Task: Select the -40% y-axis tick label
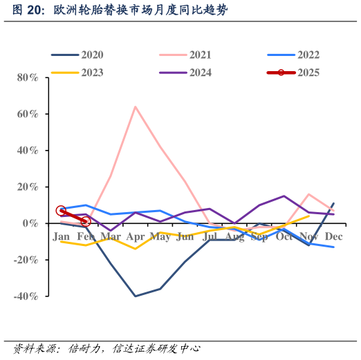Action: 25,296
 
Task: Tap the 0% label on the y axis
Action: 30,223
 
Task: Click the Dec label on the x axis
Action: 333,237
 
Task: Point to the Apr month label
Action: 135,237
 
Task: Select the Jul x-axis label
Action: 210,237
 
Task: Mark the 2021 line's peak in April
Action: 135,106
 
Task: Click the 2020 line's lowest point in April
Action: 135,296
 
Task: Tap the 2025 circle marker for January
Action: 61,211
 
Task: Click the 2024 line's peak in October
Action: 284,196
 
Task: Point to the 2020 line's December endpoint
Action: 333,203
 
